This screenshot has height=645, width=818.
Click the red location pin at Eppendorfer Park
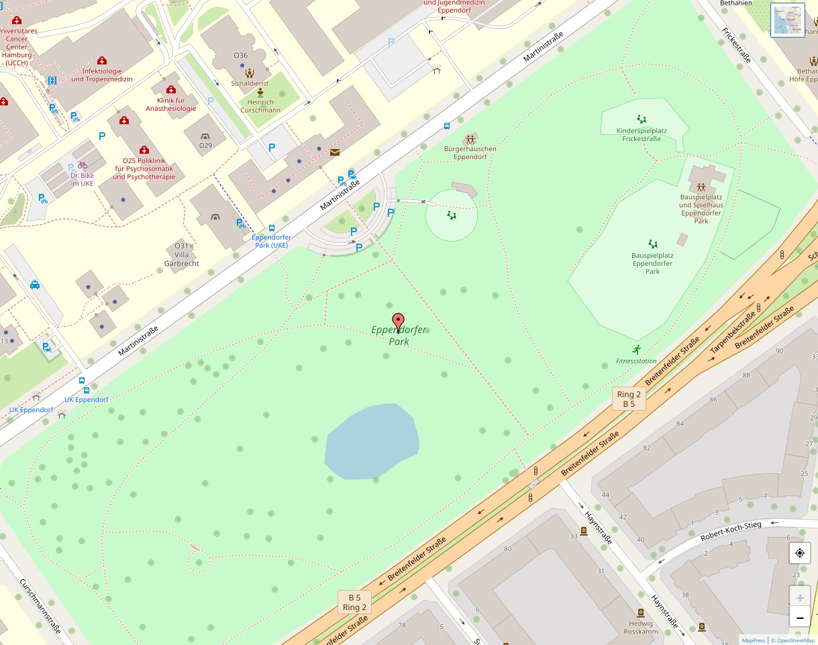pos(398,322)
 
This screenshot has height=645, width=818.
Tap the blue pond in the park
pos(370,442)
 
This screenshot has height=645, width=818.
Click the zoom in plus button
pos(799,597)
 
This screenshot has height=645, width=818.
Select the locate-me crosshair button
pos(799,554)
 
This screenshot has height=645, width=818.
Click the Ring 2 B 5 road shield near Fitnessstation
pos(629,399)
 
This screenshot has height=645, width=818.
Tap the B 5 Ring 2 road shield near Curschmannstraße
pos(354,602)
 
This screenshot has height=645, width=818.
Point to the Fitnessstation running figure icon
pos(636,350)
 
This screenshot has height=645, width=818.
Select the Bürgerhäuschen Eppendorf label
pos(470,152)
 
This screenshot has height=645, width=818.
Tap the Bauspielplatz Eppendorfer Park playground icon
pos(652,244)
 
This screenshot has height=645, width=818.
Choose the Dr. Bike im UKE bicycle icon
pos(83,164)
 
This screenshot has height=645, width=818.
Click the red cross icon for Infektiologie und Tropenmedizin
pos(102,61)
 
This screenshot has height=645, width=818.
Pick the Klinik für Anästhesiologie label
pos(171,104)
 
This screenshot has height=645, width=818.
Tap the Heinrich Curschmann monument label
pos(260,106)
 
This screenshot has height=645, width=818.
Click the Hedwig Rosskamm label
pos(641,627)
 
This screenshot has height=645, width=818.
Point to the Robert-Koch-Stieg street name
pos(731,531)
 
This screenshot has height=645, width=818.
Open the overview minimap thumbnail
pos(787,20)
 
